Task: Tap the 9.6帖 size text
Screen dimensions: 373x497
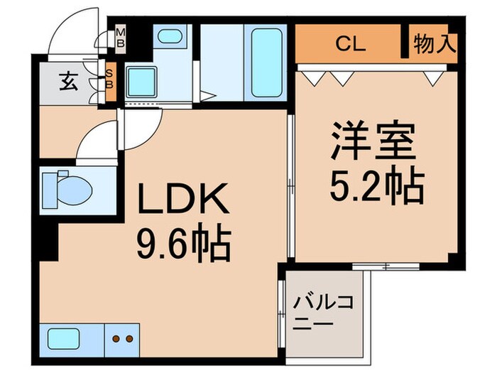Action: (x=184, y=245)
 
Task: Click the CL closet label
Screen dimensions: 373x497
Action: (x=350, y=44)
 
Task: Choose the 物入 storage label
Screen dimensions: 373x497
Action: (x=434, y=44)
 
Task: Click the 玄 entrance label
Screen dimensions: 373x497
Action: (x=68, y=82)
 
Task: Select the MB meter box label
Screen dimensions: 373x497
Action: (x=120, y=36)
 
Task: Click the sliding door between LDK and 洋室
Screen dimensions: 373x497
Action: (x=290, y=185)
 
